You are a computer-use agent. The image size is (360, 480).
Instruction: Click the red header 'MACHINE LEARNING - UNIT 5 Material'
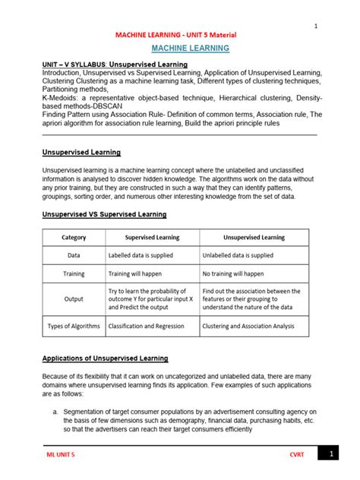click(x=175, y=35)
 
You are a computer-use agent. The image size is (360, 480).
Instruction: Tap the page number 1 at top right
click(x=315, y=27)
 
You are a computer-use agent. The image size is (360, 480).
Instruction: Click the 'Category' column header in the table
click(x=74, y=238)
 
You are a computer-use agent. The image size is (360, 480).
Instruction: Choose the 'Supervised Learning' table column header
click(x=152, y=238)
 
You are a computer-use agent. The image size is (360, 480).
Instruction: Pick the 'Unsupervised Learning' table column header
click(x=254, y=238)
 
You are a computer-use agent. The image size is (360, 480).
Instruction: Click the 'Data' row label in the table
click(x=74, y=255)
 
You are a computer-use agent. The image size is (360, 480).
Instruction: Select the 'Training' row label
click(x=74, y=273)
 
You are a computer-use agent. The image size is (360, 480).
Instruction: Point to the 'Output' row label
click(x=74, y=298)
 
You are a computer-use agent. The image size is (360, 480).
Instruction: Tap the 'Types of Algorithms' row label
click(x=74, y=326)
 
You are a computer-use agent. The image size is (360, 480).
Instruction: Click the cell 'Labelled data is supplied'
click(x=143, y=255)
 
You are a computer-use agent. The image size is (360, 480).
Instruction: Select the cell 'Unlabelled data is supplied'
click(x=238, y=255)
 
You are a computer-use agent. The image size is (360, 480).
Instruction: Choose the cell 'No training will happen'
click(x=233, y=273)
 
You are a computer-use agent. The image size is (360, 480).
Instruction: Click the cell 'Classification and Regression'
click(x=146, y=326)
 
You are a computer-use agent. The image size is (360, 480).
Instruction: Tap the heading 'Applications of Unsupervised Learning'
click(x=105, y=358)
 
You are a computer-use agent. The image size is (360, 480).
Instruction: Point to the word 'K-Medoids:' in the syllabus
click(x=60, y=99)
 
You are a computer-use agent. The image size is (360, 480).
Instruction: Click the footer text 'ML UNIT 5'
click(x=62, y=454)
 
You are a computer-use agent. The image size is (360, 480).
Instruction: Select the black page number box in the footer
click(x=331, y=453)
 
